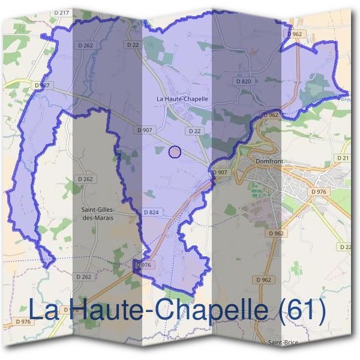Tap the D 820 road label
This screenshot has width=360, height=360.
coord(243,81)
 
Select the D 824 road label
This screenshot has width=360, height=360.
coord(151,212)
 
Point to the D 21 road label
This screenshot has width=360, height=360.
coord(343,158)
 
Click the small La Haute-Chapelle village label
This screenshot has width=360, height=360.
coord(182,98)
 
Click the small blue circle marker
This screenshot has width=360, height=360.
coord(175,152)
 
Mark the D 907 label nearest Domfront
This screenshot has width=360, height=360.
coord(220,172)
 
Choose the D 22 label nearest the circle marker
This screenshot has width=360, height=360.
coord(194,131)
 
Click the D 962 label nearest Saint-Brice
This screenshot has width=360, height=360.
coord(263,280)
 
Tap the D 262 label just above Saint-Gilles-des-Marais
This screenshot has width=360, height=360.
coord(85,179)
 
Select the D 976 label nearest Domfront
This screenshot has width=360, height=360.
coord(318,191)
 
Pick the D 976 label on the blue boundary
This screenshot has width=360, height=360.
coord(145,265)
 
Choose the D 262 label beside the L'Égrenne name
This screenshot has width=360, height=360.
coord(85,45)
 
